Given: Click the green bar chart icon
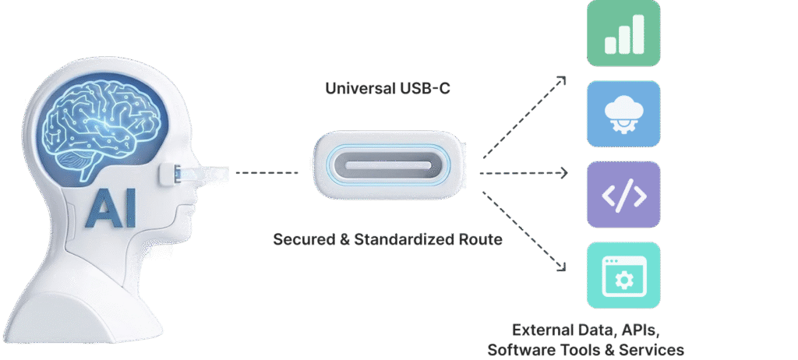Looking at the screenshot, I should pos(623,34).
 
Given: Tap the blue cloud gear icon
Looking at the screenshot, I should pos(623,114).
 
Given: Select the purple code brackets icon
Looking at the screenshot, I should pos(623,195).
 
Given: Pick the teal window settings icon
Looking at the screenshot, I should pos(623,274).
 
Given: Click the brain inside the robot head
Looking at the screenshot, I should pos(101,125).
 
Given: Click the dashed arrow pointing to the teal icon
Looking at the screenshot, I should pos(524,230).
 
